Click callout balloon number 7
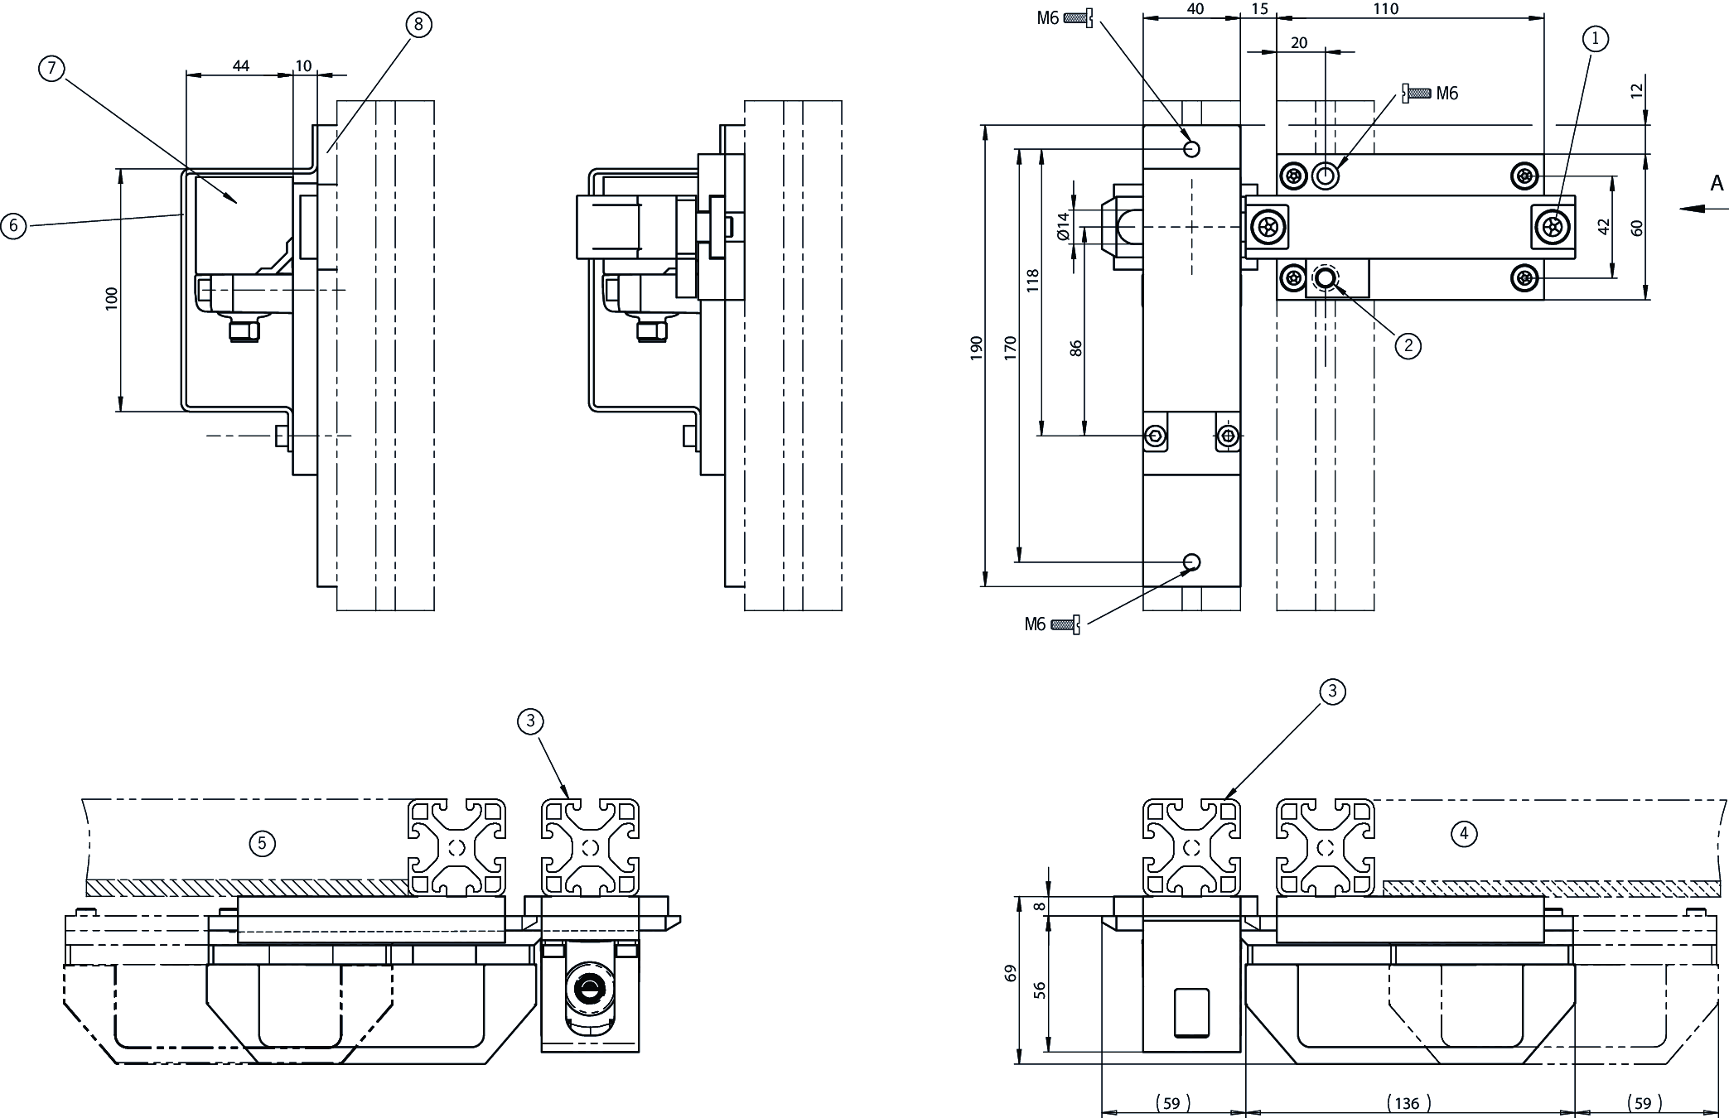[x=51, y=69]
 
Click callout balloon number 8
[x=418, y=25]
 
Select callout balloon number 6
[x=13, y=225]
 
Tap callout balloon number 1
[x=1595, y=38]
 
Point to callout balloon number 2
[x=1408, y=345]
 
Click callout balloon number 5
[x=262, y=844]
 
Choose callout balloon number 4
[x=1464, y=833]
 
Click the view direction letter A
[x=1717, y=183]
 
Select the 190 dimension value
[x=977, y=347]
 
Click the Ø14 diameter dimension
[x=1065, y=225]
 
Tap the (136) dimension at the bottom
[x=1407, y=1103]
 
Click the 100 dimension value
[x=113, y=298]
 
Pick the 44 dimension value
[x=240, y=65]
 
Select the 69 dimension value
[x=1010, y=973]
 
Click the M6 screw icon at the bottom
[x=1065, y=624]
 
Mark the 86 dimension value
[x=1076, y=348]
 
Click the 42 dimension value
[x=1604, y=226]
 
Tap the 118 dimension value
[x=1032, y=279]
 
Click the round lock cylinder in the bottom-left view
[x=590, y=987]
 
